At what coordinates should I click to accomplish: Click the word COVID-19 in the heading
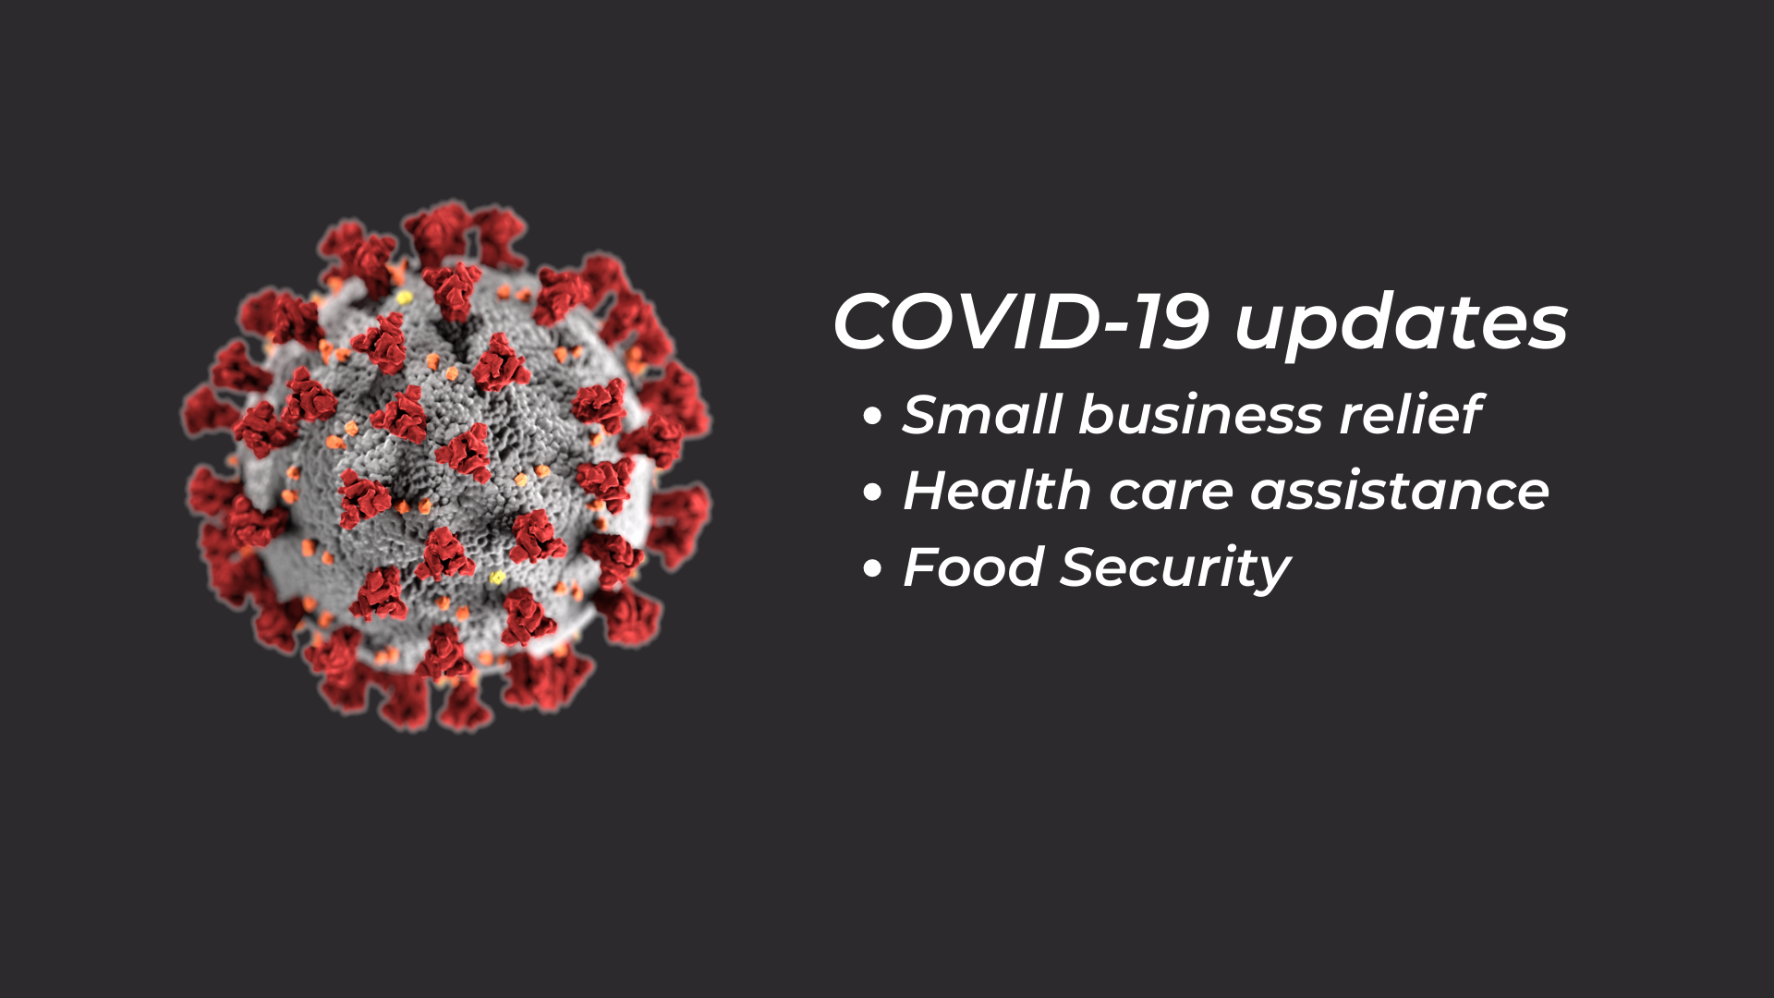coord(1021,322)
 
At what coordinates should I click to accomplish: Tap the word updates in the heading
coord(1402,326)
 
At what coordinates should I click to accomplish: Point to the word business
coord(1200,414)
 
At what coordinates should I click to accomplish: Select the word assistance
coord(1400,492)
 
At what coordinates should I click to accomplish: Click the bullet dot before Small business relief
coord(872,416)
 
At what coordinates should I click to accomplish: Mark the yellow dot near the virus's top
coord(404,298)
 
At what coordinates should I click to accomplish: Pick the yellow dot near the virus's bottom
coord(497,578)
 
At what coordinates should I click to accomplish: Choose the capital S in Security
coord(1080,566)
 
